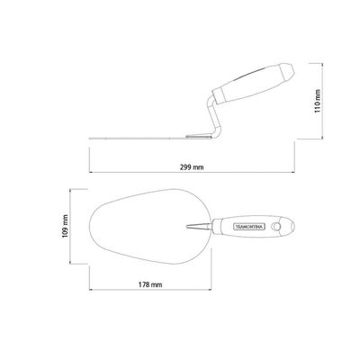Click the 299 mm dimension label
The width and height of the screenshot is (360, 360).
[192, 167]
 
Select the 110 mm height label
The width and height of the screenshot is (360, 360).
[318, 101]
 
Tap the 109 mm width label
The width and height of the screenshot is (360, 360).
[65, 227]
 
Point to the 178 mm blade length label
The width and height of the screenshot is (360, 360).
[150, 284]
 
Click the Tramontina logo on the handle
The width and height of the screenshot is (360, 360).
[249, 227]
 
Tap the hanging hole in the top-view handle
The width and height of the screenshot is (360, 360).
[276, 227]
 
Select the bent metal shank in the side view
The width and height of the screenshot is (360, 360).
[214, 117]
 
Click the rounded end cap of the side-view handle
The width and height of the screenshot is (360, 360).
[287, 71]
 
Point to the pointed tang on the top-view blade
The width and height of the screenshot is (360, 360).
[199, 227]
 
